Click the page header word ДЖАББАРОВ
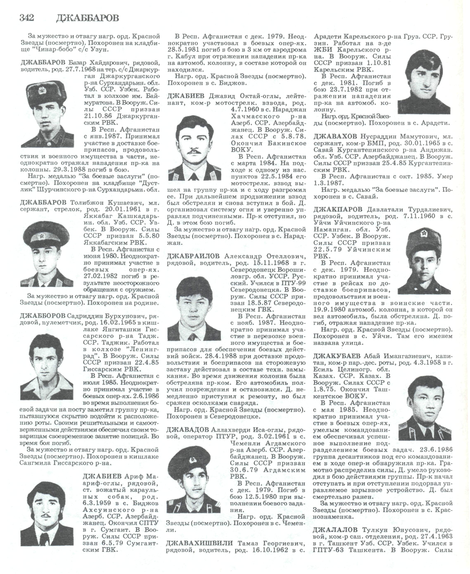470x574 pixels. (88, 18)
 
